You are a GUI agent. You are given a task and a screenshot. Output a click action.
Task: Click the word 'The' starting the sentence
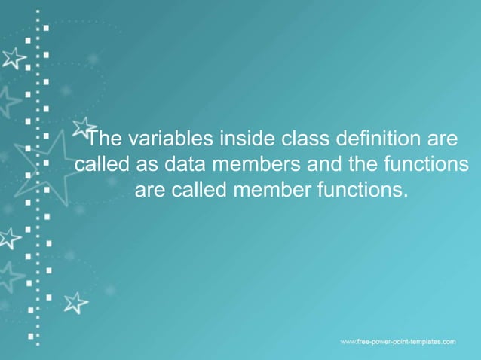click(106, 139)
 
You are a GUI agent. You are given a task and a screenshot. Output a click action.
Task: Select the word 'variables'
click(170, 139)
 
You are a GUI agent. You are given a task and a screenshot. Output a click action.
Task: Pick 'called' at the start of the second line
click(103, 164)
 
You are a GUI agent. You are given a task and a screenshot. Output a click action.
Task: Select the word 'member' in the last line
click(268, 189)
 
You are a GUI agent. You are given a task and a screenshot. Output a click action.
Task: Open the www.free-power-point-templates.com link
click(398, 342)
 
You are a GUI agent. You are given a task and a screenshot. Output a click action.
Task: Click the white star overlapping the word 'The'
click(84, 127)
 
